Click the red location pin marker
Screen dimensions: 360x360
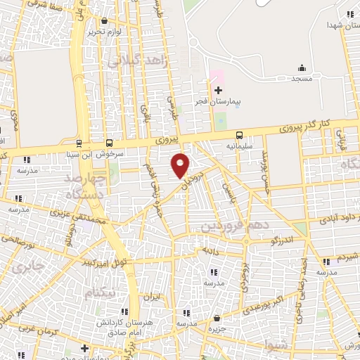[181, 165]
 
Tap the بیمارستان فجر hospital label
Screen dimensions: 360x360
[218, 102]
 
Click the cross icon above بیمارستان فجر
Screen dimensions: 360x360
[218, 90]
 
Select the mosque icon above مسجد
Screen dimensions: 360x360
[302, 67]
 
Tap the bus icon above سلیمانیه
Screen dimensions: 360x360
[240, 134]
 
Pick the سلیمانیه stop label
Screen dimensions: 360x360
[240, 146]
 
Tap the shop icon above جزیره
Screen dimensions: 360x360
[217, 318]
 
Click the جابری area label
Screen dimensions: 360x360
[28, 267]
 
